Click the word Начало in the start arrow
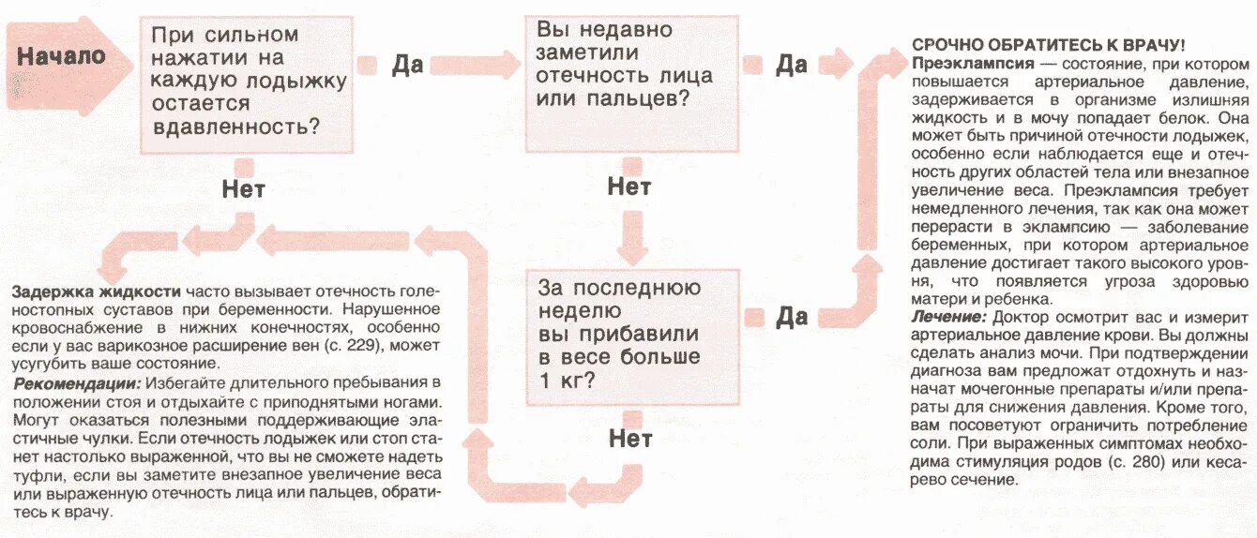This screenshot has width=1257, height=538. [x=61, y=56]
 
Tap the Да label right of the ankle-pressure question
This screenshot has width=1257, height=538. [x=407, y=65]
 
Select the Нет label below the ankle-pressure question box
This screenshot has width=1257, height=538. [x=243, y=189]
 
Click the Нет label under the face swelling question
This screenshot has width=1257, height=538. [x=628, y=186]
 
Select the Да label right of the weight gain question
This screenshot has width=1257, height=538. [x=791, y=317]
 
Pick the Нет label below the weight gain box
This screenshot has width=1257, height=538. [x=630, y=439]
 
